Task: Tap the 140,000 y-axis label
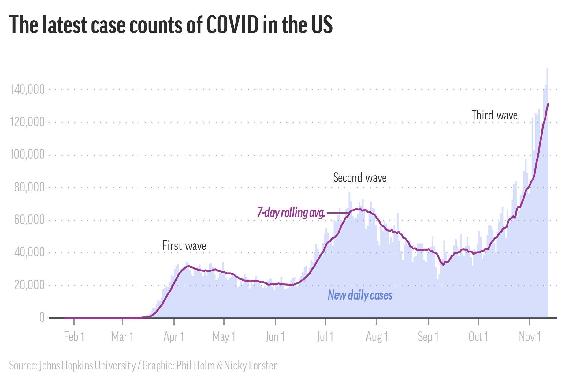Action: [27, 90]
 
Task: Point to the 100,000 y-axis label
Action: [27, 154]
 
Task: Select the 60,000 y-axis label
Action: [29, 220]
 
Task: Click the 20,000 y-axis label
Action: [29, 285]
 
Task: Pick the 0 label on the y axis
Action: [42, 317]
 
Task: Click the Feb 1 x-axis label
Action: [74, 337]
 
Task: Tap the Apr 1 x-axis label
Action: [174, 337]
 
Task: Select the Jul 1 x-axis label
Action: [325, 337]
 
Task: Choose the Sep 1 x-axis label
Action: [428, 337]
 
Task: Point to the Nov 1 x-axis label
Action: [530, 337]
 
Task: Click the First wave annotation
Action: [184, 246]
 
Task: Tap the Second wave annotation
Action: [360, 178]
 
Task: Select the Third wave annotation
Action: [494, 115]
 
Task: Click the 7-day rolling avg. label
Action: [291, 212]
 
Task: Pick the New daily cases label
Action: [360, 295]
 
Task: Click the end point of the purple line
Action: [548, 104]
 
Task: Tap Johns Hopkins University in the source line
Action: [87, 365]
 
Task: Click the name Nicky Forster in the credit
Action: [250, 365]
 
